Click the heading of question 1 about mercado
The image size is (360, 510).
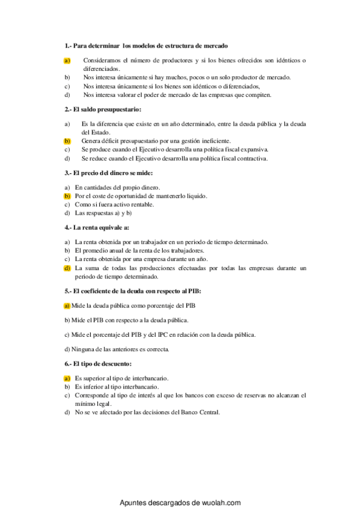click(x=145, y=46)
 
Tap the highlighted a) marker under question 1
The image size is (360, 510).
click(x=67, y=60)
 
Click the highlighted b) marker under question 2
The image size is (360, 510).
click(x=67, y=140)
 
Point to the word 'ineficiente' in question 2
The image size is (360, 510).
click(x=216, y=140)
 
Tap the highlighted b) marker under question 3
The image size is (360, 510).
click(x=67, y=196)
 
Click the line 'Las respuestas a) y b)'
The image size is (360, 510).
click(x=103, y=213)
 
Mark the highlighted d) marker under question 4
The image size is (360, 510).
click(x=67, y=268)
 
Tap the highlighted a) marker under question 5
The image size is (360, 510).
click(x=67, y=305)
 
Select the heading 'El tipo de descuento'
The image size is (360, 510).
click(x=98, y=364)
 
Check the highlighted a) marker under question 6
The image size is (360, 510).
click(x=67, y=378)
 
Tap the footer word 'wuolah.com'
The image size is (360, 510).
click(x=219, y=502)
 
